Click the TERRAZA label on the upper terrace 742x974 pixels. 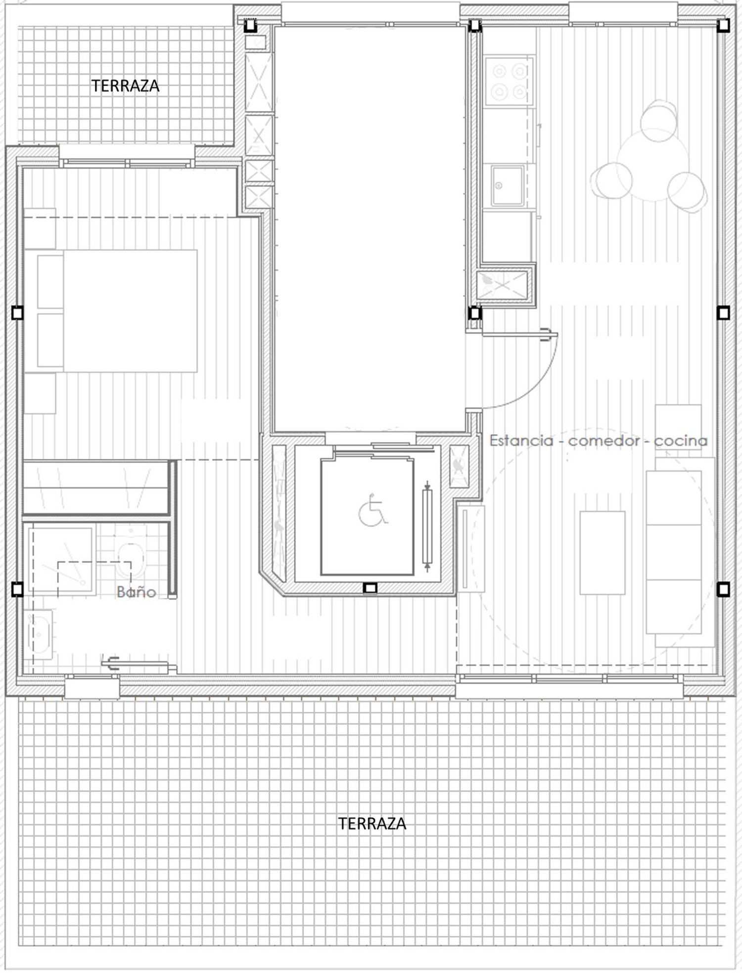[125, 86]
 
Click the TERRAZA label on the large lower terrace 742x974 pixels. [372, 823]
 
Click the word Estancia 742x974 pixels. [521, 441]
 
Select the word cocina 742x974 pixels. [681, 441]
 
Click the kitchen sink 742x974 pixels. [508, 185]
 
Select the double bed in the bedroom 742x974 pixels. [111, 311]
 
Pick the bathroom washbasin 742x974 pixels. [39, 634]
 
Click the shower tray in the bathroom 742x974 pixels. [61, 561]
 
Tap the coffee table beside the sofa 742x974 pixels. [603, 553]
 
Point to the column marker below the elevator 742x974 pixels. [370, 588]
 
